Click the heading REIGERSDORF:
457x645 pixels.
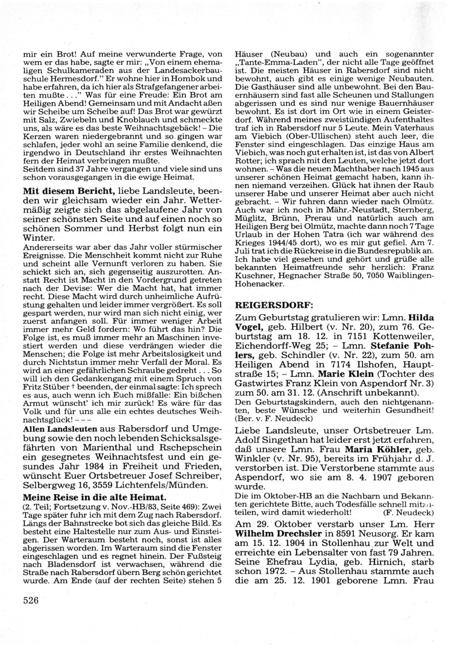coord(267,305)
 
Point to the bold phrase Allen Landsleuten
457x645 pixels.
coord(60,429)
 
